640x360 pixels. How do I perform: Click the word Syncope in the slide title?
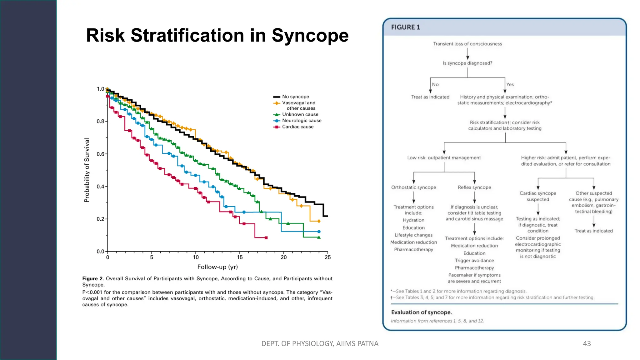click(310, 36)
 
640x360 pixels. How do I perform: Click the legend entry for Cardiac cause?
click(297, 127)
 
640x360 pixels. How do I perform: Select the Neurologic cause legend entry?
click(302, 121)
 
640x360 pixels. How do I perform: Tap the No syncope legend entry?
click(295, 97)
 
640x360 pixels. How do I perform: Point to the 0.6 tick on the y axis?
click(100, 154)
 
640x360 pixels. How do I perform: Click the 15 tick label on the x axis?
click(240, 257)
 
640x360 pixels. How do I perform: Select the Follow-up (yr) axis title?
click(217, 267)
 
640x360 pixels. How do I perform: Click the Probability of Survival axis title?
click(87, 170)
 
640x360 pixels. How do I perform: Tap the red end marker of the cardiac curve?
click(266, 238)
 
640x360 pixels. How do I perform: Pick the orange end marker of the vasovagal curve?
click(319, 221)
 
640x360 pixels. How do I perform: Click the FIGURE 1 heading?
click(405, 27)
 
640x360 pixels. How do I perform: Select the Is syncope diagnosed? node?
click(467, 63)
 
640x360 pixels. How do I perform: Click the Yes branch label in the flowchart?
click(510, 85)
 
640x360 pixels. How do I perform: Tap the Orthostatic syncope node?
click(413, 187)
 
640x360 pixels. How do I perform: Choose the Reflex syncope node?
click(474, 187)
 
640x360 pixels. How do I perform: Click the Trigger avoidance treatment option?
click(474, 261)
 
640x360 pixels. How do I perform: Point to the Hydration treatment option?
click(413, 220)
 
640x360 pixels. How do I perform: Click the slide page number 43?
click(587, 344)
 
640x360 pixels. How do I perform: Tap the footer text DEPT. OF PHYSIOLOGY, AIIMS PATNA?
click(320, 344)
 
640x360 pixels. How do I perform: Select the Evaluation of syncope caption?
click(421, 312)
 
